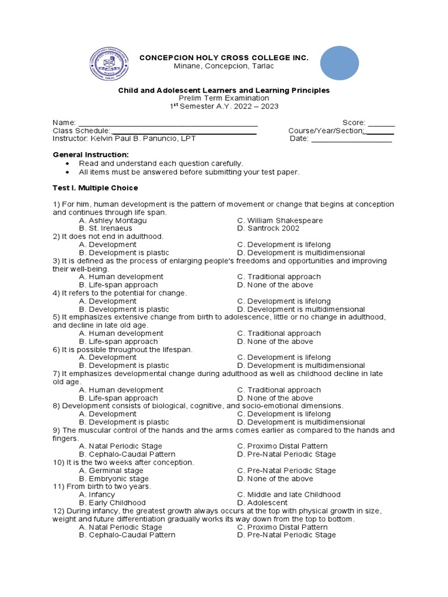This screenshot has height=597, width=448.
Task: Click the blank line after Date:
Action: point(352,139)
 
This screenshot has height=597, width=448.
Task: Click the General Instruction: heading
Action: point(90,154)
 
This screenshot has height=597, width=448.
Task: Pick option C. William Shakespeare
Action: point(280,221)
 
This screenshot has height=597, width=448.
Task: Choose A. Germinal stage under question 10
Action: point(111,470)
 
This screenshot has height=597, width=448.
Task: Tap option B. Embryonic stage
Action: point(114,479)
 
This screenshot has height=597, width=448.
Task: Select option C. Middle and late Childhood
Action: point(289,494)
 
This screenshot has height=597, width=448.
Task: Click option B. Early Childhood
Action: point(113,503)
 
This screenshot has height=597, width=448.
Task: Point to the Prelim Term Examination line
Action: point(224,99)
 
